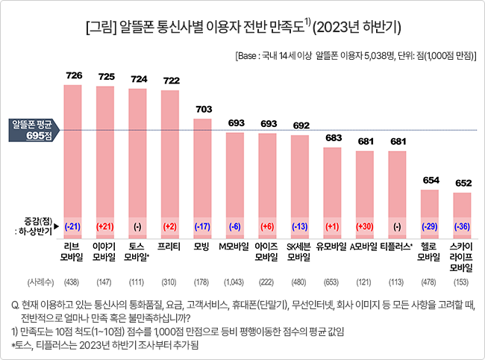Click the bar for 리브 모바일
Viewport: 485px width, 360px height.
pos(72,161)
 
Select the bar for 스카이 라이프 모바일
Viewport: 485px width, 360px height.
pos(462,215)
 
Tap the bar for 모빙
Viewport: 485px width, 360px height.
pos(203,179)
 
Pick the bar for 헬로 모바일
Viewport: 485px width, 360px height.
pos(430,214)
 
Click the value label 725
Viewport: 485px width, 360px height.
pos(107,76)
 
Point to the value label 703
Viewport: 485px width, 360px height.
pos(204,109)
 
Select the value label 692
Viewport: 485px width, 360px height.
pos(301,125)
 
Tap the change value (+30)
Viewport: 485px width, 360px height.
pos(365,226)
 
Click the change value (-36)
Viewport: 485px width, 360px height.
pos(462,226)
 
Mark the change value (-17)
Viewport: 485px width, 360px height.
pos(203,226)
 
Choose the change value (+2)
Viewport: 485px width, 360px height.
pos(170,226)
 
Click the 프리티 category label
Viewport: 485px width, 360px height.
pos(169,246)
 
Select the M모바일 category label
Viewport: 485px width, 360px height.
pos(234,246)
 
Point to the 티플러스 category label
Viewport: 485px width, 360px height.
pos(396,246)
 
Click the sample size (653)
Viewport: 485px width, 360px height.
pos(331,282)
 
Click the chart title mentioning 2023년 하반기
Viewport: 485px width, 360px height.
pos(243,27)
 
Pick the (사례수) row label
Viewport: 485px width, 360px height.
pos(40,282)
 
